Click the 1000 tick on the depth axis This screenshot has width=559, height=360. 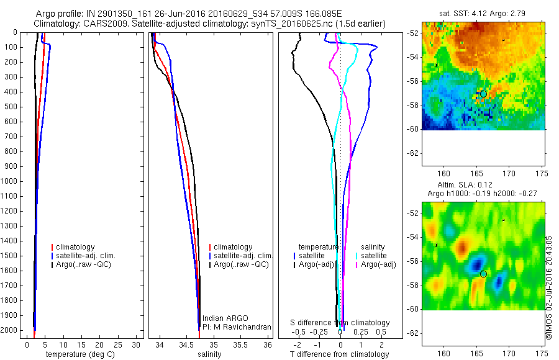[11, 181]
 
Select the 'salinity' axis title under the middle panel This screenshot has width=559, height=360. [209, 354]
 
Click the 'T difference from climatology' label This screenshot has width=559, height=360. [339, 354]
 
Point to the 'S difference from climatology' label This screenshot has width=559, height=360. [340, 323]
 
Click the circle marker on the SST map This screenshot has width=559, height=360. [483, 94]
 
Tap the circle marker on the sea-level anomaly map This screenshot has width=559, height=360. [483, 274]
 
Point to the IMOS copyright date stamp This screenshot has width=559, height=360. [549, 287]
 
